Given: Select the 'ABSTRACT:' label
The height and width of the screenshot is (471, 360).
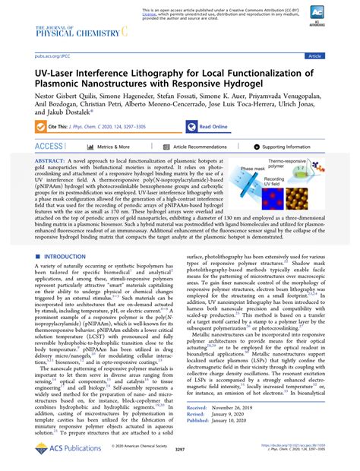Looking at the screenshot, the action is (x=54, y=162).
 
